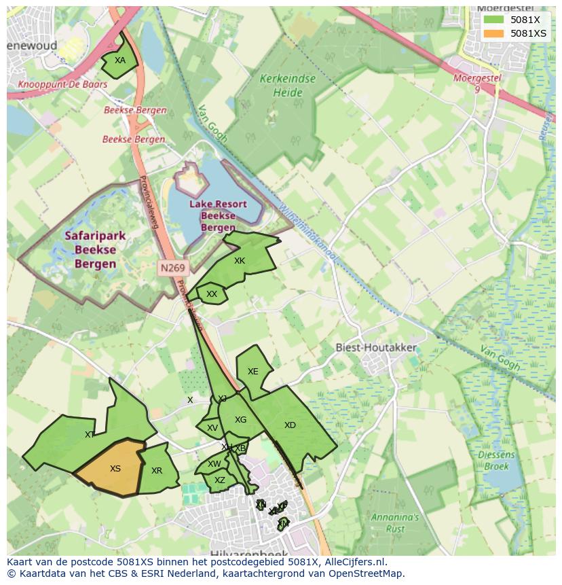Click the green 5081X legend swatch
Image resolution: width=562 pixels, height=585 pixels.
493,20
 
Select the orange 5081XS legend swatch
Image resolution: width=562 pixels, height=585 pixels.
493,33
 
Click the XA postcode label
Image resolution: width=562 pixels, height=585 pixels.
120,60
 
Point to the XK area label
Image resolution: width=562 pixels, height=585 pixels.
240,261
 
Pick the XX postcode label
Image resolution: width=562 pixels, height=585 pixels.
212,294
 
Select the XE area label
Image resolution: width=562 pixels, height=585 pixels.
253,372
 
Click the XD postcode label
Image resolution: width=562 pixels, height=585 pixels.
290,425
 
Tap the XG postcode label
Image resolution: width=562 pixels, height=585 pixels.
241,420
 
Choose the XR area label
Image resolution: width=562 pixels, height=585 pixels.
157,471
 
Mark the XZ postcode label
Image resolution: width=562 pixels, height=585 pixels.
219,480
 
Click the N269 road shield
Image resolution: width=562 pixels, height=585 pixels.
172,268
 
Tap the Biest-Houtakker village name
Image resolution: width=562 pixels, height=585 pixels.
377,347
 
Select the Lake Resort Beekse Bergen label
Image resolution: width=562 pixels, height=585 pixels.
218,215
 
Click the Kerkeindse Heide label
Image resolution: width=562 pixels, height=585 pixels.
288,86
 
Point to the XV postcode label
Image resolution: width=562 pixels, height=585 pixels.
212,428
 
